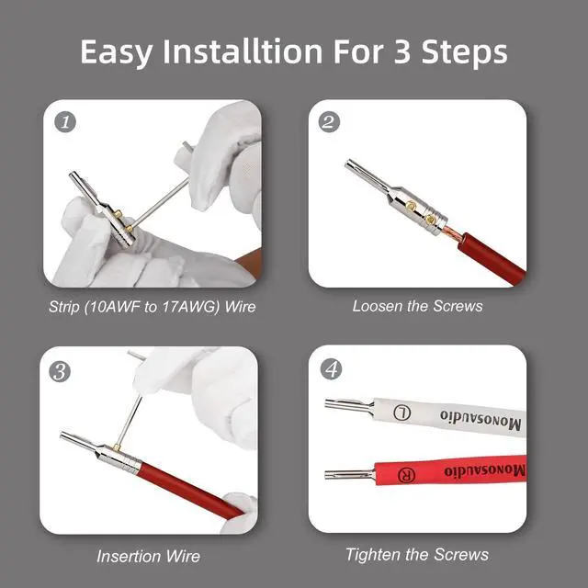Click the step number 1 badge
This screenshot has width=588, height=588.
coord(65,122)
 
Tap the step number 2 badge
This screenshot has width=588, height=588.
coord(329,122)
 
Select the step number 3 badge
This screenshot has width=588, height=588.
coord(60,371)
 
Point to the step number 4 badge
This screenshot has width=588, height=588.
coord(331,369)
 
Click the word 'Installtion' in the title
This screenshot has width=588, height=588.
coord(243,51)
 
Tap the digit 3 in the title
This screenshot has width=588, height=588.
coord(402,51)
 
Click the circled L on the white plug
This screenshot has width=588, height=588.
coord(402,413)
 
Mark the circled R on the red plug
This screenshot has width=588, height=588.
coord(406,475)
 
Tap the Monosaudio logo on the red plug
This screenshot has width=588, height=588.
coord(485,470)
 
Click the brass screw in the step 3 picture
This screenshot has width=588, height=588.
coord(117,447)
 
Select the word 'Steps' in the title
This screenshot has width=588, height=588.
coord(464,53)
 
